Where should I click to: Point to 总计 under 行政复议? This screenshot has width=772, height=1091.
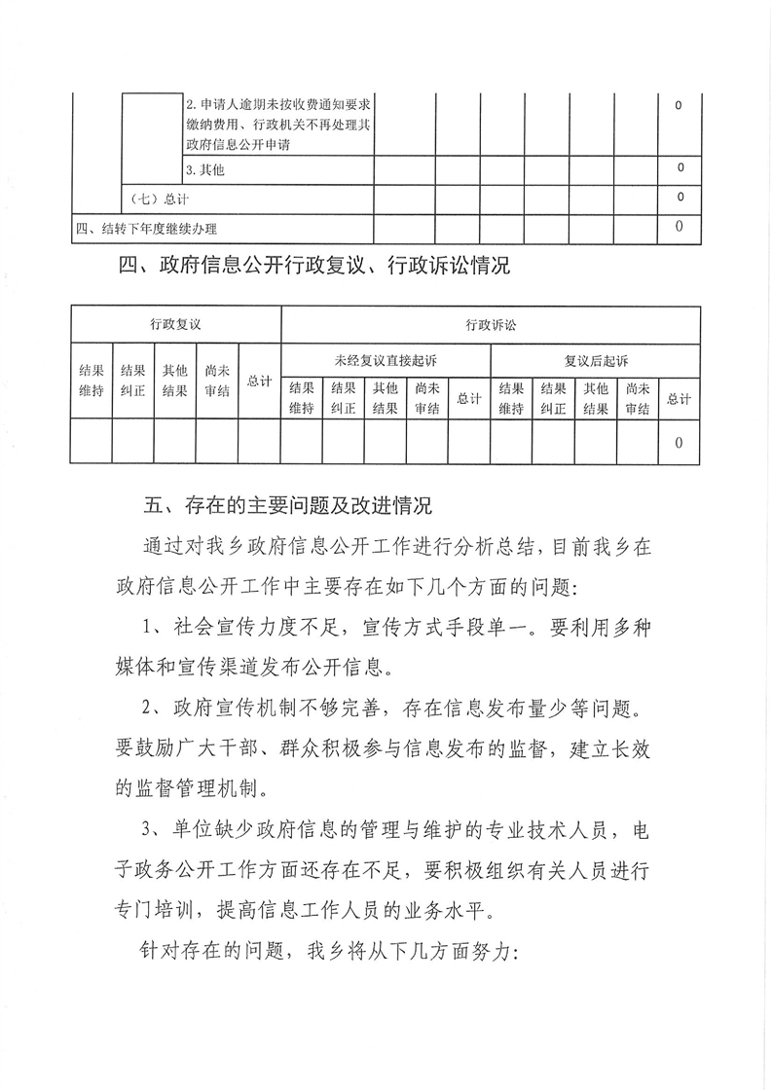tap(259, 382)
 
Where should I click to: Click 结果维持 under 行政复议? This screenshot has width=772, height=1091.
tap(91, 382)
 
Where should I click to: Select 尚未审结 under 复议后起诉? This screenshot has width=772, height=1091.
tap(638, 398)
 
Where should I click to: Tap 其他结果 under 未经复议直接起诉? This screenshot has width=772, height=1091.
tap(386, 398)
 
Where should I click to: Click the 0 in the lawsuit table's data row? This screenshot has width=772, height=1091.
tap(679, 442)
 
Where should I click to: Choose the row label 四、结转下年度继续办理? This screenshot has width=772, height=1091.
tap(146, 229)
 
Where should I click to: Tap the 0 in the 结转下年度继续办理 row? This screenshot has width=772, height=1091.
tap(679, 228)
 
